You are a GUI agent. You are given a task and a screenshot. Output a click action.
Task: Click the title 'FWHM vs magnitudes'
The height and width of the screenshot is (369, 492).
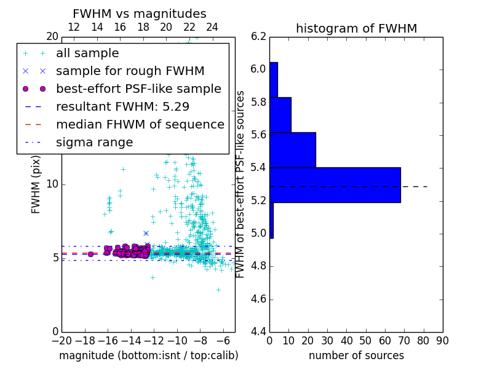140,14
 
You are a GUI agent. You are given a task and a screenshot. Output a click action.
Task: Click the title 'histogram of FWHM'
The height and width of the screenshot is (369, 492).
356,28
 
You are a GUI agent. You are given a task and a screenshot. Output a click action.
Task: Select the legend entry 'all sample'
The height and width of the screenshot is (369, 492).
87,54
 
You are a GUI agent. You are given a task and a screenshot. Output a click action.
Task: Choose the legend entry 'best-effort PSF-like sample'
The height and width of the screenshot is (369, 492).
138,89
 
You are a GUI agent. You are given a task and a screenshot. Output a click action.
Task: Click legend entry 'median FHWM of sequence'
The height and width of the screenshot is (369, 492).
140,124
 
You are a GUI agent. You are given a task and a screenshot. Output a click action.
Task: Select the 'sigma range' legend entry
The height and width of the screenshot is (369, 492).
94,143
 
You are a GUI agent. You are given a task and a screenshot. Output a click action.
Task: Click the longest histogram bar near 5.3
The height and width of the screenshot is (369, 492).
335,184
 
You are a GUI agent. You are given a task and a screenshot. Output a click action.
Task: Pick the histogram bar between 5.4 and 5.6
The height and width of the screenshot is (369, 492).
293,149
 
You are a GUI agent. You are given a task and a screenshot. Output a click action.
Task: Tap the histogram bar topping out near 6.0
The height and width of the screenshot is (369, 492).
274,79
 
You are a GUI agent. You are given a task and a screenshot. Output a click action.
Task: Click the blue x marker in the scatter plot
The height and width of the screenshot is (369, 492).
146,233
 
